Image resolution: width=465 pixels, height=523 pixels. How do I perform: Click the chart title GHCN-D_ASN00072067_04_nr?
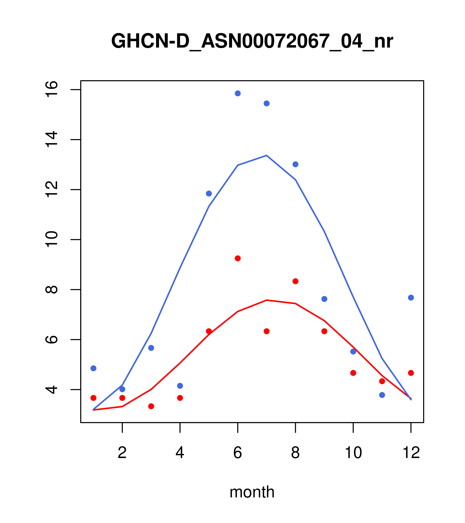(252, 41)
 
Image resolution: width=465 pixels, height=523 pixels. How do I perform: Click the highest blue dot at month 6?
(238, 93)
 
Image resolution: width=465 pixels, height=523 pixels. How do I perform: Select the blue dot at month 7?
(267, 103)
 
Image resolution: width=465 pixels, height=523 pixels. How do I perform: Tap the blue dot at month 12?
(411, 298)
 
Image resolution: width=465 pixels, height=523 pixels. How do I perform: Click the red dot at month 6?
(238, 258)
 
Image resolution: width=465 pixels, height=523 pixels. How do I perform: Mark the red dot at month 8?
(296, 281)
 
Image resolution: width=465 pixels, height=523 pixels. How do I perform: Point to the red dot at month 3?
(151, 406)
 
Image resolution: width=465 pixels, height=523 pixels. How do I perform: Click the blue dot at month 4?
(180, 386)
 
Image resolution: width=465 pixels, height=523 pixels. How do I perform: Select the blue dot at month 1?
(93, 368)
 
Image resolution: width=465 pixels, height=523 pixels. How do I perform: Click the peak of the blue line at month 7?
(267, 155)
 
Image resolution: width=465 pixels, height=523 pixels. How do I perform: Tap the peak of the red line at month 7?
(267, 300)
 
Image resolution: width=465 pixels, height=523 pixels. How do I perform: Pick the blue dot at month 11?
(382, 395)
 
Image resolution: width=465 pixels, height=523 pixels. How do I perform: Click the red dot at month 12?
(411, 373)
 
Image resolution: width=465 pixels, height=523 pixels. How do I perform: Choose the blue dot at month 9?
(325, 299)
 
